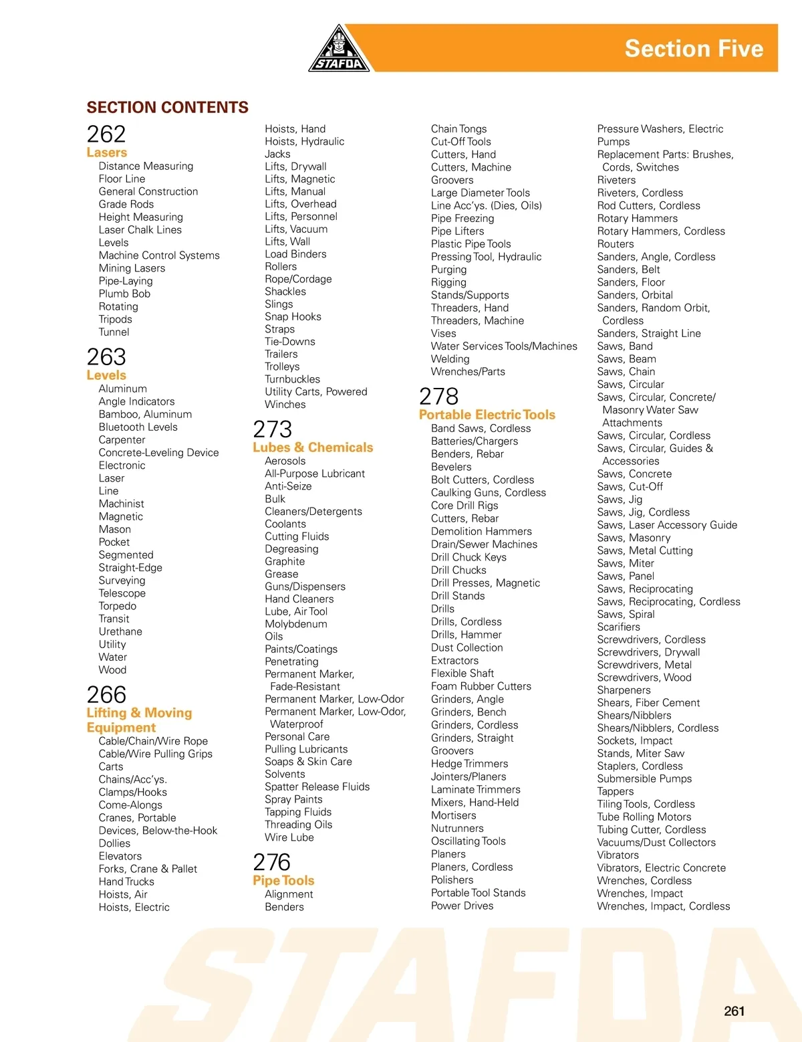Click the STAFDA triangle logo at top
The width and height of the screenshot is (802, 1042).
click(340, 50)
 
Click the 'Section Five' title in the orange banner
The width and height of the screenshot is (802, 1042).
click(694, 49)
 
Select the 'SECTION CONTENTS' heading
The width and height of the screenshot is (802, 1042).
click(167, 108)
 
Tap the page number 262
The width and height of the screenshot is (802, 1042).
click(106, 134)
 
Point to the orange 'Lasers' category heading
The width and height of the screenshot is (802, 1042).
click(106, 152)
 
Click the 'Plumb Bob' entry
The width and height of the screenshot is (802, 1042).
click(124, 294)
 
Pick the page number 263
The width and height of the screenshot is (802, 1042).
click(106, 357)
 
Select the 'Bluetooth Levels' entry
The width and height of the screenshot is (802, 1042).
click(138, 427)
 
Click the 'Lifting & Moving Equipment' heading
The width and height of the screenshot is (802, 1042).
click(139, 720)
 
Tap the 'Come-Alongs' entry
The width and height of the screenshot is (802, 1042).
click(130, 805)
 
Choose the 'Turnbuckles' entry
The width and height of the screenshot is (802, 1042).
click(292, 379)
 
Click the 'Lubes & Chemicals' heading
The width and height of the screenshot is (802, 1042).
click(313, 447)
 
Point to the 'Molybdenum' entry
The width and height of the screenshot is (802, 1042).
click(295, 624)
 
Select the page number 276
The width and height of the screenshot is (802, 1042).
click(271, 862)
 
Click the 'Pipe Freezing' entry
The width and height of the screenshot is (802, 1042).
click(462, 218)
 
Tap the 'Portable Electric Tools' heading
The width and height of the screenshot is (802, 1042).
click(487, 415)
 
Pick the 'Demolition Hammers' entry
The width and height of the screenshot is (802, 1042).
click(481, 531)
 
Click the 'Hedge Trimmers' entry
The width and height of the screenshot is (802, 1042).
click(469, 764)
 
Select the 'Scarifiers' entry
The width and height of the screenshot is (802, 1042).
click(618, 627)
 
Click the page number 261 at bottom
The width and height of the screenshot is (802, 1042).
click(734, 1011)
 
